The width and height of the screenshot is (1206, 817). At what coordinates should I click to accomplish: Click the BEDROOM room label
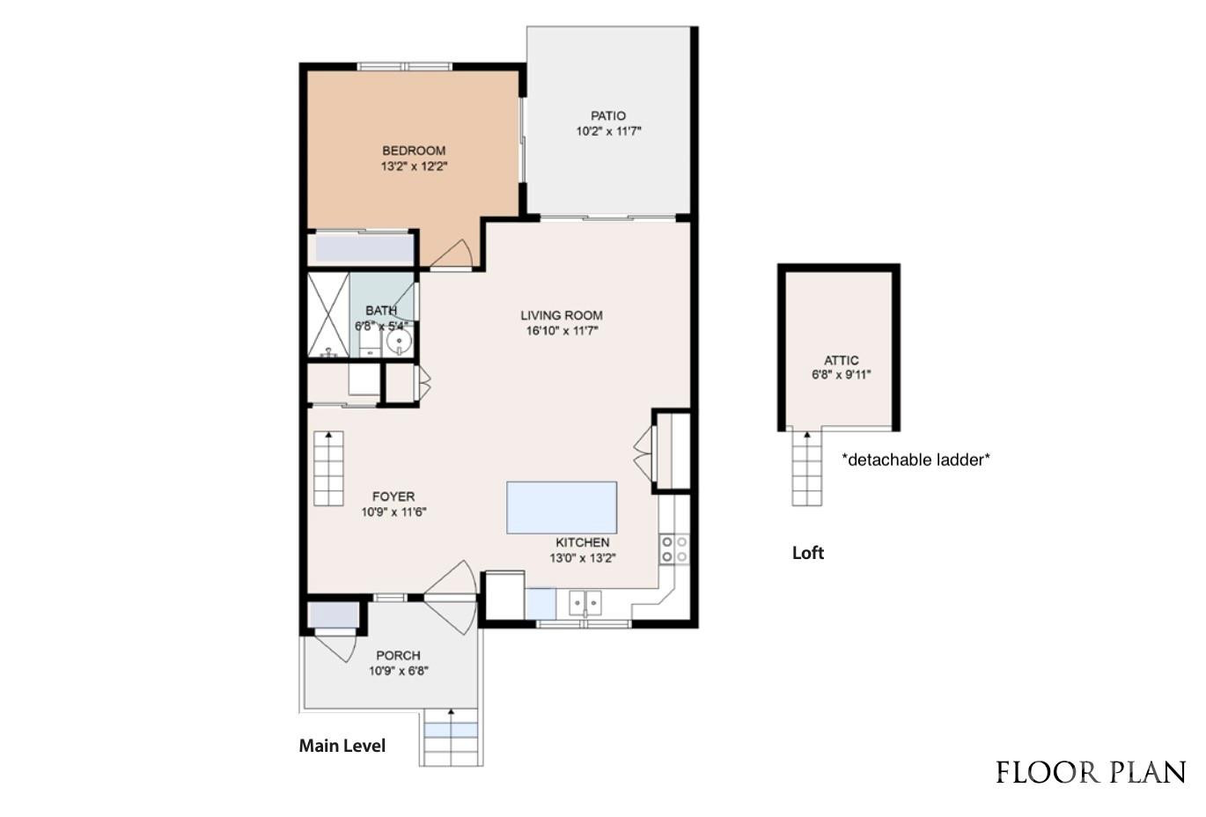(x=413, y=151)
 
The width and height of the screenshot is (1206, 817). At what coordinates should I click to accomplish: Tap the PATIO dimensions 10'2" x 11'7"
(x=608, y=131)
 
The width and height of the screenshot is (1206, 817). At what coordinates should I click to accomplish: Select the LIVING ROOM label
(x=561, y=315)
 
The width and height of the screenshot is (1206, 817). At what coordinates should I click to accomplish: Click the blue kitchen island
(x=562, y=507)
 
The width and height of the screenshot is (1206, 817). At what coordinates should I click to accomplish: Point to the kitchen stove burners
(x=675, y=549)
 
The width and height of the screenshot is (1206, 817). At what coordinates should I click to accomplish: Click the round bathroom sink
(x=400, y=342)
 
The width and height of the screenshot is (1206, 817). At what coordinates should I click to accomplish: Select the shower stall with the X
(x=328, y=314)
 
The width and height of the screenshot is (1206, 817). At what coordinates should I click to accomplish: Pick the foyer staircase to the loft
(x=328, y=469)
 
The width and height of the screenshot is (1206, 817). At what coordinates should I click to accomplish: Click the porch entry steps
(x=452, y=738)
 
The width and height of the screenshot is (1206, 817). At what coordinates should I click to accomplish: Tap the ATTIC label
(x=841, y=360)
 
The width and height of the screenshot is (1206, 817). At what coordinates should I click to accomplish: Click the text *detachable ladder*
(x=916, y=459)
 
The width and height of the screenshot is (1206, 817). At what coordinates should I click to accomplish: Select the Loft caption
(x=807, y=553)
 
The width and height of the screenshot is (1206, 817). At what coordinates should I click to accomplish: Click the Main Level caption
(x=342, y=746)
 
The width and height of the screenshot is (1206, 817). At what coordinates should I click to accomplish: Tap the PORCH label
(x=398, y=655)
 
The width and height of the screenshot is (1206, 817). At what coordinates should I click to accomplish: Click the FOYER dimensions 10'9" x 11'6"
(x=393, y=512)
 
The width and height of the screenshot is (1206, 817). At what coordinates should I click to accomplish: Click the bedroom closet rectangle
(x=364, y=248)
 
